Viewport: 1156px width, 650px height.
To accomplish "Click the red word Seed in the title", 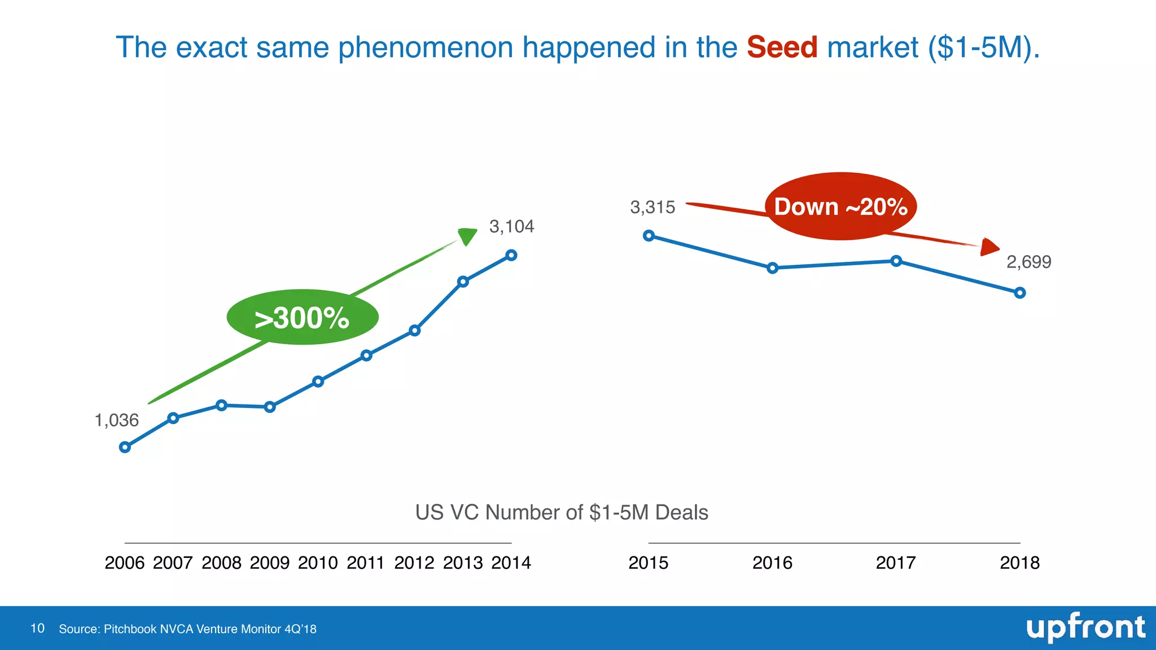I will (782, 47).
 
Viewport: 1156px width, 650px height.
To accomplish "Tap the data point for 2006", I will (125, 447).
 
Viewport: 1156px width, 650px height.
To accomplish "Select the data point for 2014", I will (511, 256).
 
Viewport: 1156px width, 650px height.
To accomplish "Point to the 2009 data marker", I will (270, 407).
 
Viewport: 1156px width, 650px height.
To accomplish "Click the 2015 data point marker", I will (649, 236).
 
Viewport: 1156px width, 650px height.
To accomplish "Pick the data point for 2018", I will (1019, 293).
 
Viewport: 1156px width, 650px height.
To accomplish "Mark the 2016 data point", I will (773, 268).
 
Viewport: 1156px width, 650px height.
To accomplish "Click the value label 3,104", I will (511, 227).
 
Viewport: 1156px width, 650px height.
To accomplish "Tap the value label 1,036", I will (116, 420).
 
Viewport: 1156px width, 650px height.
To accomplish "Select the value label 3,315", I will (653, 208).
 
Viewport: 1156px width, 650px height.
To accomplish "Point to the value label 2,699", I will (1028, 262).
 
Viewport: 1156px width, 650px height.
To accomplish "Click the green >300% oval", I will (303, 318).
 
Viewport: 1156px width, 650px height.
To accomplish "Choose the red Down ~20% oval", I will (840, 207).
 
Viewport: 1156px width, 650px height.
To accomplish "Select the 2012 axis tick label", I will (414, 563).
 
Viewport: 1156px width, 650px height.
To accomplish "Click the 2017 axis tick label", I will (896, 563).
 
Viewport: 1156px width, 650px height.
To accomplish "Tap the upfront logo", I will (1085, 628).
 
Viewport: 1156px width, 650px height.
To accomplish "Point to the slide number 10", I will (37, 629).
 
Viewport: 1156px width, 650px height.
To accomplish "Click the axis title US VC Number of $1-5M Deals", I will (562, 512).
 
